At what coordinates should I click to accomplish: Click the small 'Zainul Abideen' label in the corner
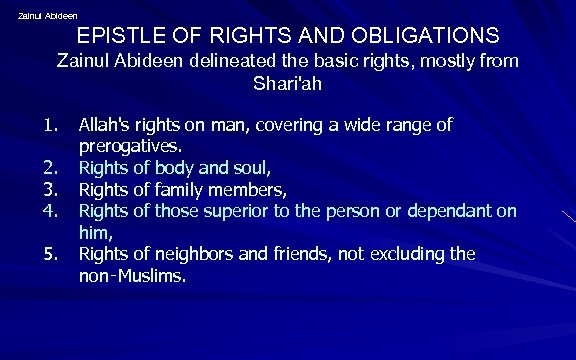point(47,15)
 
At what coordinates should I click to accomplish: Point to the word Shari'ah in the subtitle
point(287,84)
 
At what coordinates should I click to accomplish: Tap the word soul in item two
point(247,167)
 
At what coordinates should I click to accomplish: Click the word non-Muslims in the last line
point(132,275)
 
